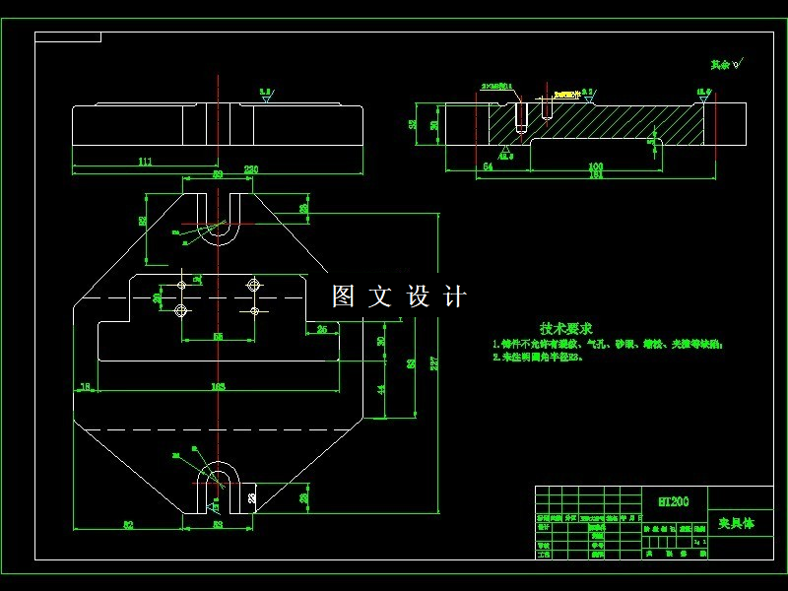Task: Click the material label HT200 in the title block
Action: point(674,501)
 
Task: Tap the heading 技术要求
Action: point(566,328)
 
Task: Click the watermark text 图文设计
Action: point(399,296)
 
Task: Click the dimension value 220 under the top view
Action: point(251,170)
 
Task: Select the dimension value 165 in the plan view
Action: point(219,387)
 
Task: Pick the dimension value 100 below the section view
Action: point(595,166)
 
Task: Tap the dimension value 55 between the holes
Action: point(218,336)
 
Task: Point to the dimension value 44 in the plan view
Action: point(380,389)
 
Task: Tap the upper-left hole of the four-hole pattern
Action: point(181,285)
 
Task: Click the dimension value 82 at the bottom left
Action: point(128,525)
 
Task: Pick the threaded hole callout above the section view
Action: point(498,88)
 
